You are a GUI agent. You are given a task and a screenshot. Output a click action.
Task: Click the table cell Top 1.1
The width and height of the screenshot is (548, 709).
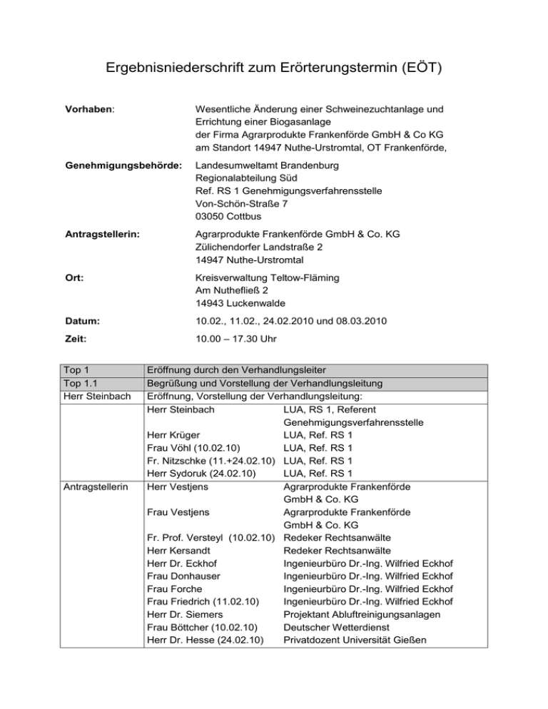[82, 383]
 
